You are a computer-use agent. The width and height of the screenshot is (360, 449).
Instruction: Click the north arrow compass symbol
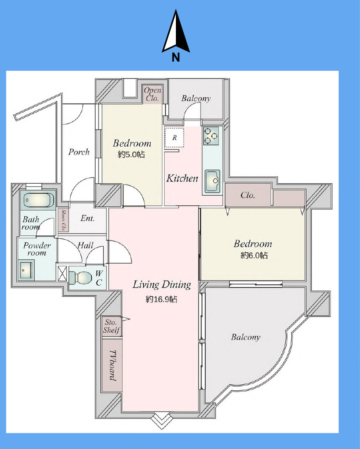[x=175, y=32]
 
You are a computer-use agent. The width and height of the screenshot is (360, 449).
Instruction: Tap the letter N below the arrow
[x=175, y=58]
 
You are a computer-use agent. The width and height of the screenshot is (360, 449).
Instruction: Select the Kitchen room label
[x=182, y=178]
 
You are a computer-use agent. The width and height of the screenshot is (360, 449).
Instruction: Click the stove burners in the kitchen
[x=211, y=136]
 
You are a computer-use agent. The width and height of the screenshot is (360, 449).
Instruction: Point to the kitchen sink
[x=212, y=182]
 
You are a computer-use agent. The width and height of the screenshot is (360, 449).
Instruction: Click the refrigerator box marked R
[x=175, y=138]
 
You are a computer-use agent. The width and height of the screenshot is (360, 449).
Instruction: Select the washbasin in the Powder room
[x=26, y=270]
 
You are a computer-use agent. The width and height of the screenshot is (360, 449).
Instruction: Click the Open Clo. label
[x=152, y=94]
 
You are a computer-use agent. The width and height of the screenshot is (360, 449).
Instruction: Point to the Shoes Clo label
[x=63, y=220]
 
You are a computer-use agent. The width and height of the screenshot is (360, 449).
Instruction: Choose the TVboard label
[x=112, y=365]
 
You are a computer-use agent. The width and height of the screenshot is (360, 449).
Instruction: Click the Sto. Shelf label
[x=112, y=326]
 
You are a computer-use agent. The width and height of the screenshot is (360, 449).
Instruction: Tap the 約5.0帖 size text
[x=132, y=155]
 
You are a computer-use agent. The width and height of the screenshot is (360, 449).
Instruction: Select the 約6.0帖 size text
[x=254, y=255]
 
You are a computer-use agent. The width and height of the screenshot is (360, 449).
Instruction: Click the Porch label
[x=79, y=152]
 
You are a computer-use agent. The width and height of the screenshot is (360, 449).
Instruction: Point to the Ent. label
[x=87, y=218]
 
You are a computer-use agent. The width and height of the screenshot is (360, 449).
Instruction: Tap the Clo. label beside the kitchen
[x=248, y=195]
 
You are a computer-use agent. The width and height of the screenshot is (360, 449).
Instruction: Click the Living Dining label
[x=162, y=284]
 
